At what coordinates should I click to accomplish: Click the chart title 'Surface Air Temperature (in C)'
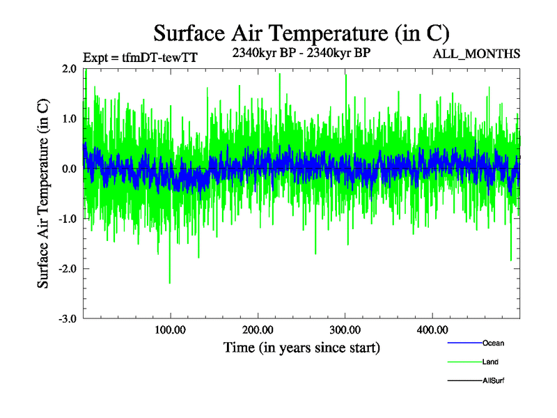coord(301,33)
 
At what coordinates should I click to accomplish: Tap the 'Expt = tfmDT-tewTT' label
coord(139,58)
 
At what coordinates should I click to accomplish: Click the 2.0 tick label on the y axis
coord(68,69)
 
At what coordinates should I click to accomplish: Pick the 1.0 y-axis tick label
coord(68,119)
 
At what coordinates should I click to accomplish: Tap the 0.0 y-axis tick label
coord(68,169)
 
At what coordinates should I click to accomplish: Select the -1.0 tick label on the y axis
coord(67,219)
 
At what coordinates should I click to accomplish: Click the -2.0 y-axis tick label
coord(67,269)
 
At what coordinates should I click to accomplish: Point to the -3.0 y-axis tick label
coord(67,319)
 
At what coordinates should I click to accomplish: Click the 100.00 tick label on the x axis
coord(170,330)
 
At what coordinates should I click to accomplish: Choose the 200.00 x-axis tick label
coord(258,330)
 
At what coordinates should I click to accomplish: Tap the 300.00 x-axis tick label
coord(345,330)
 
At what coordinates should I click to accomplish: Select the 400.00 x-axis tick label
coord(432,330)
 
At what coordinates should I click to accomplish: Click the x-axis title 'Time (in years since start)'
coord(301,347)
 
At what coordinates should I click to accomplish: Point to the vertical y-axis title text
coord(43,194)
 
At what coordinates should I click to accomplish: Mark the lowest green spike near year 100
coord(170,282)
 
